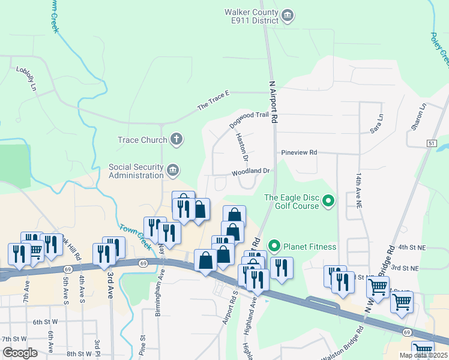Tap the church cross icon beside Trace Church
[x=176, y=140]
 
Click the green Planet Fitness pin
[x=274, y=246]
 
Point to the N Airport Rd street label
[x=274, y=103]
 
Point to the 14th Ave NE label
[x=359, y=191]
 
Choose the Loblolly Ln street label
[x=24, y=79]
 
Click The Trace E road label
[x=214, y=102]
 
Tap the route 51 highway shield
[x=432, y=143]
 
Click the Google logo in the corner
[x=19, y=352]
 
